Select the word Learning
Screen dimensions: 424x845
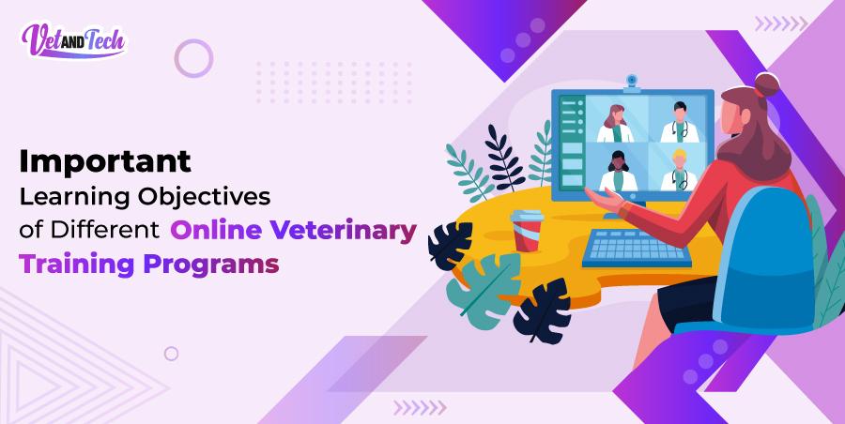pyautogui.click(x=73, y=198)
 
